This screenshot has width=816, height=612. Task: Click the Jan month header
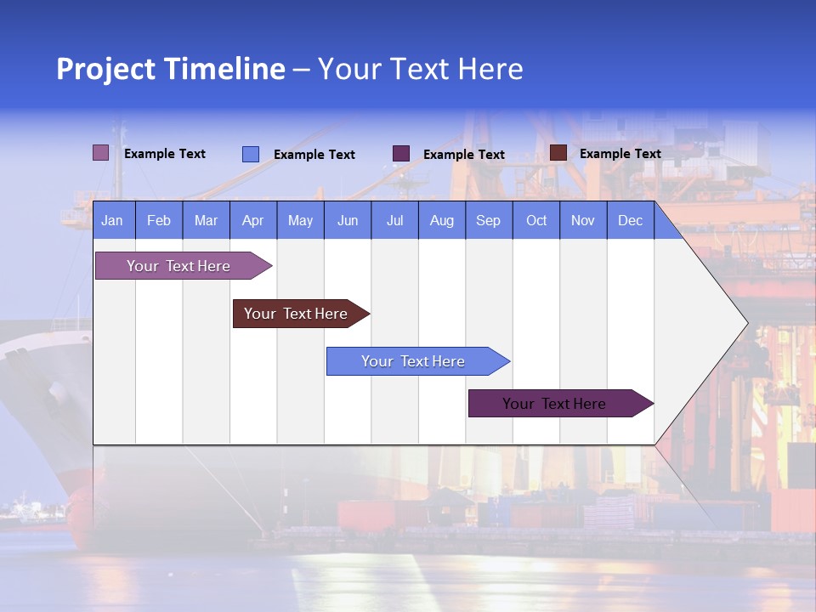pyautogui.click(x=112, y=221)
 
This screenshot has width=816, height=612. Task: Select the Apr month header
pyautogui.click(x=252, y=221)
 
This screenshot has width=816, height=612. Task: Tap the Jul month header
pyautogui.click(x=394, y=221)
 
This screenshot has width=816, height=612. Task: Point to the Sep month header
pyautogui.click(x=488, y=221)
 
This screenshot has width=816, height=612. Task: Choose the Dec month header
pyautogui.click(x=630, y=221)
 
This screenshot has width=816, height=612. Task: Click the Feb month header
pyautogui.click(x=159, y=221)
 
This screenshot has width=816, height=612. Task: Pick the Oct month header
pyautogui.click(x=536, y=221)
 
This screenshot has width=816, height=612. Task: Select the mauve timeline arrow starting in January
pyautogui.click(x=178, y=266)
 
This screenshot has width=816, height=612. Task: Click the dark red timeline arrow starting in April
pyautogui.click(x=296, y=314)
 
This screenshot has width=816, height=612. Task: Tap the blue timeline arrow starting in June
pyautogui.click(x=413, y=361)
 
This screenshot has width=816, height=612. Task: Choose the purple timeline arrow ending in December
pyautogui.click(x=554, y=404)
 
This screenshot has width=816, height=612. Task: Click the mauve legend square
pyautogui.click(x=100, y=153)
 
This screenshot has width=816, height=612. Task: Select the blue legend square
pyautogui.click(x=251, y=154)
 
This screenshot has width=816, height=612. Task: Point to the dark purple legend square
pyautogui.click(x=401, y=154)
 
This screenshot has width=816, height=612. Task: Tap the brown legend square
pyautogui.click(x=558, y=153)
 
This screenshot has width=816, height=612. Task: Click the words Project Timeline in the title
pyautogui.click(x=170, y=69)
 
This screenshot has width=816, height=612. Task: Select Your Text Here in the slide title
pyautogui.click(x=420, y=69)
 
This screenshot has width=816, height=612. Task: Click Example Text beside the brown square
pyautogui.click(x=620, y=154)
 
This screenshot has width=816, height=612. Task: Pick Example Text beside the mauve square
pyautogui.click(x=165, y=154)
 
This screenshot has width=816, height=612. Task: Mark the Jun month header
pyautogui.click(x=348, y=221)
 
